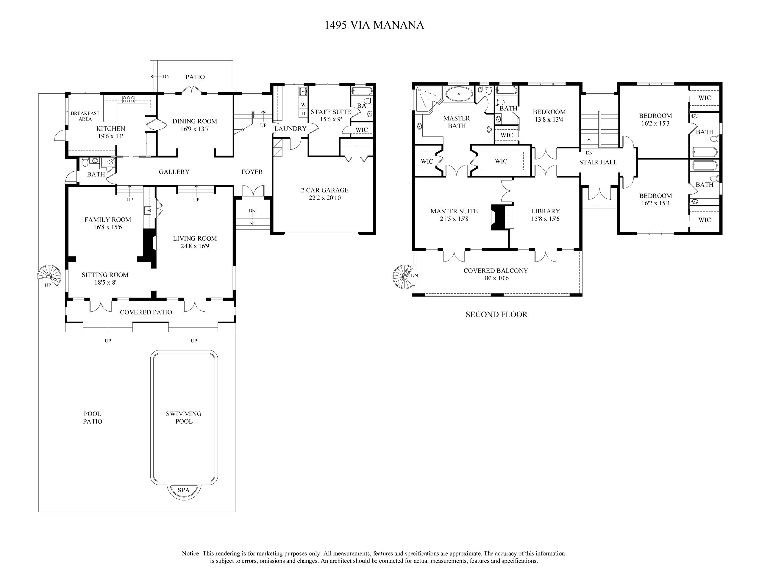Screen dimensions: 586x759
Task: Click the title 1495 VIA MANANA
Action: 374,25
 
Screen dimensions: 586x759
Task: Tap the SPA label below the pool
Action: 183,490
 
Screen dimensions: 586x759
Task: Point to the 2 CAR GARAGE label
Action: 325,190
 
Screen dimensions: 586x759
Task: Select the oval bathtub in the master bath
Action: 459,94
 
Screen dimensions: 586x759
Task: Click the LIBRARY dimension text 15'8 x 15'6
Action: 545,219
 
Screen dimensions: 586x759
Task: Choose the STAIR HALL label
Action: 598,162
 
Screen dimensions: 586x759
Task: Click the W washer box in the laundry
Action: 303,104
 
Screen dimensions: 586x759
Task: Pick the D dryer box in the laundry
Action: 303,114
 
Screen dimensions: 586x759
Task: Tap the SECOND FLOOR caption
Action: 496,315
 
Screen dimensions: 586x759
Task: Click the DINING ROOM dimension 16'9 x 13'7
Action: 195,129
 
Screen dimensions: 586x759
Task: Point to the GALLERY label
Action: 174,172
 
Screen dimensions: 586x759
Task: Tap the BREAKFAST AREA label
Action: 85,116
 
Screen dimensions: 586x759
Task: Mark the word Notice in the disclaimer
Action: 191,553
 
